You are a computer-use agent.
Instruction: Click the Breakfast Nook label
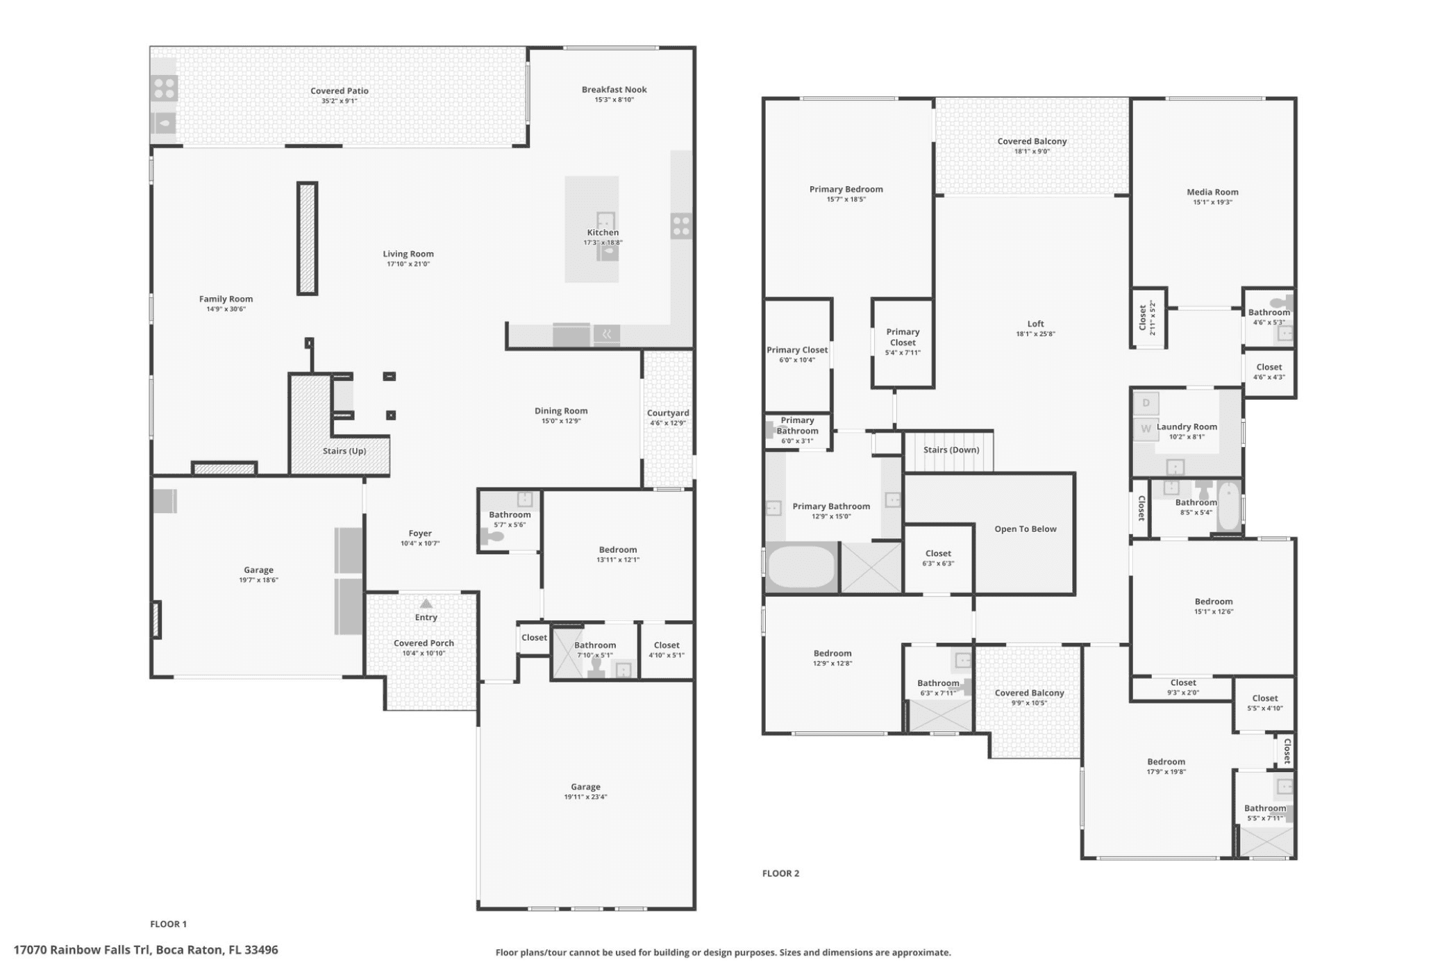point(614,90)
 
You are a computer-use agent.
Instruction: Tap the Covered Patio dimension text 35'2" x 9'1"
point(339,101)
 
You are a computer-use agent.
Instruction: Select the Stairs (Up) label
point(344,451)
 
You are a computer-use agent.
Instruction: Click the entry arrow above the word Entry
point(426,603)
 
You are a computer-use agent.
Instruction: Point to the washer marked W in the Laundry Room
point(1146,428)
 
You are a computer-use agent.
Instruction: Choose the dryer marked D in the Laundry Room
point(1146,403)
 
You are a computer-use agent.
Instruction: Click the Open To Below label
point(1025,529)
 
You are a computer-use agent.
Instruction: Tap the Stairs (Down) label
point(951,450)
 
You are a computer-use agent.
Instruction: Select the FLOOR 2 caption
point(780,874)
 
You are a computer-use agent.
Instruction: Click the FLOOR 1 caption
point(168,924)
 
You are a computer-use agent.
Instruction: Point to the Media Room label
point(1212,192)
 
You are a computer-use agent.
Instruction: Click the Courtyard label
point(668,413)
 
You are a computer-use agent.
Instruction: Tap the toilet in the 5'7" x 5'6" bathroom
point(492,535)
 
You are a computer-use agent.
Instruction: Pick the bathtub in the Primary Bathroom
point(801,567)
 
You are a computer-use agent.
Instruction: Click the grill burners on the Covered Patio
point(165,88)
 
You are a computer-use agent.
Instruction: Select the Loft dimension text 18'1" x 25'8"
point(1035,334)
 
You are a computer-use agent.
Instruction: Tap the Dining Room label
point(561,411)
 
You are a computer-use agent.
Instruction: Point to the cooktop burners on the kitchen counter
point(681,226)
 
